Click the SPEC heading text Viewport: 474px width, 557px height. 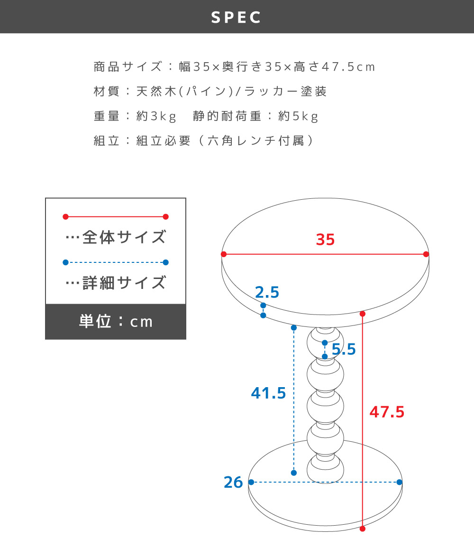237,18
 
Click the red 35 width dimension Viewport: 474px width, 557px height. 325,240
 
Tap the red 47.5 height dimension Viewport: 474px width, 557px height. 387,412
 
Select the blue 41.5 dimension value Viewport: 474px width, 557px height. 268,393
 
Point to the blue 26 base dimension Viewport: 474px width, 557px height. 233,483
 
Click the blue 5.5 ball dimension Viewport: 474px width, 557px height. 344,350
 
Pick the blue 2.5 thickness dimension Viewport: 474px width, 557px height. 267,292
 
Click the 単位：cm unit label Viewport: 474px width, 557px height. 116,322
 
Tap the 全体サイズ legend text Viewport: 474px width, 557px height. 124,237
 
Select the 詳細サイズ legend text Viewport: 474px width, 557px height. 124,283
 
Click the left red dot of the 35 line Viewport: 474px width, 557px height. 224,254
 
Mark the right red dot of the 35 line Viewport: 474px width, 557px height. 426,254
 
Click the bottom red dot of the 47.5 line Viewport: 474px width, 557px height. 363,529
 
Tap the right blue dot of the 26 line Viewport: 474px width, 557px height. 399,482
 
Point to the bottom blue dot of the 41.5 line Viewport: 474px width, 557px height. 294,473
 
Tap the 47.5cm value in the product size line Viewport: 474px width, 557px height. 348,67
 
